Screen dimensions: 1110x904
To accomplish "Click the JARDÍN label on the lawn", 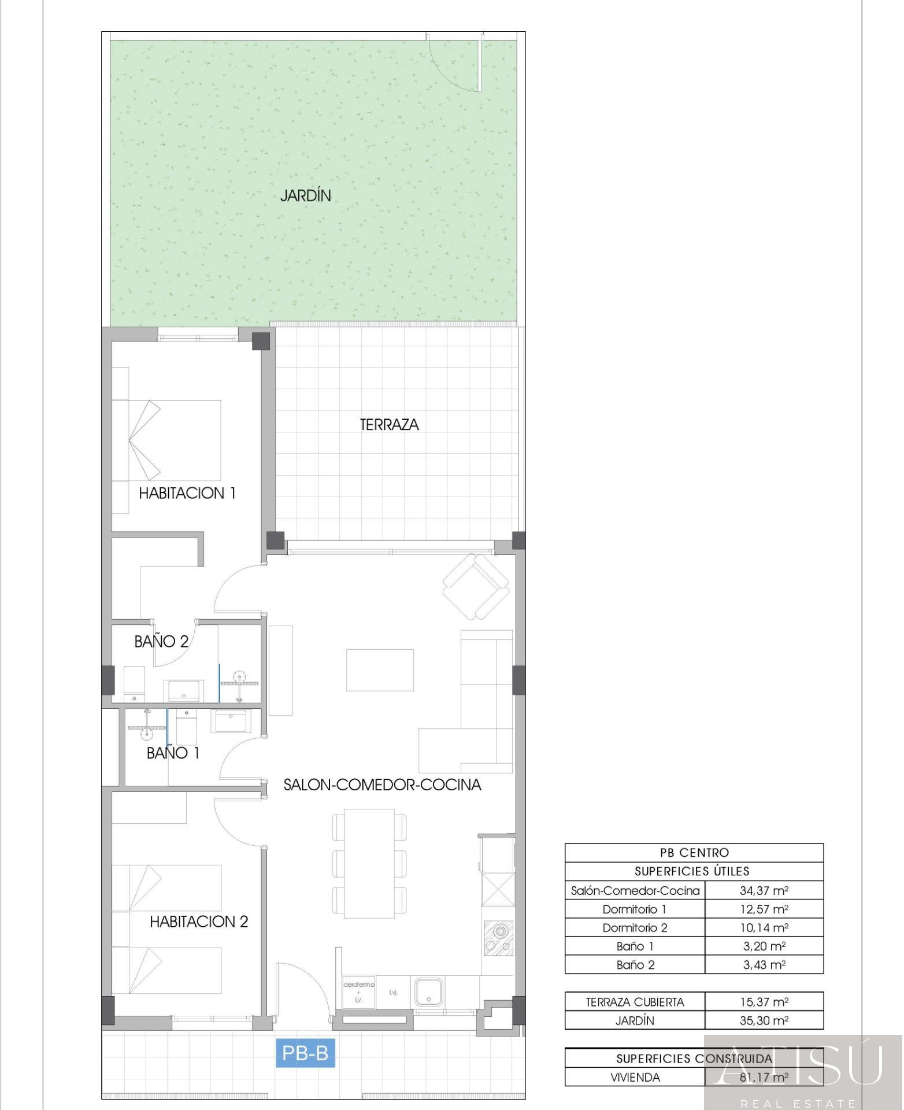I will pos(305,195).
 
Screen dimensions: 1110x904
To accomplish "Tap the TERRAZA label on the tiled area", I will pos(389,425).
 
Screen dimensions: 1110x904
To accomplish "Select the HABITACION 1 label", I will pos(187,493).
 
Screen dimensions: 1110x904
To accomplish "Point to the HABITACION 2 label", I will pos(199,922).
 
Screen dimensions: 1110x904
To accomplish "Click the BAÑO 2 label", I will pos(161,641).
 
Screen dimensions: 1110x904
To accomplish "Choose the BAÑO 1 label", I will pos(173,753).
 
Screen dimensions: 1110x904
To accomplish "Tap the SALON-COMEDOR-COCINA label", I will pos(382,785).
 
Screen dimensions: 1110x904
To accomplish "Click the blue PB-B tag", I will pos(305,1053).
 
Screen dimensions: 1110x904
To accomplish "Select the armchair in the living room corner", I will pos(476,586).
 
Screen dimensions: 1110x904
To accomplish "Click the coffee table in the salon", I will pos(380,670).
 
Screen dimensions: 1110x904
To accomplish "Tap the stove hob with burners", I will pos(498,939).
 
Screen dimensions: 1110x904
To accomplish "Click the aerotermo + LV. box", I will pos(359,992).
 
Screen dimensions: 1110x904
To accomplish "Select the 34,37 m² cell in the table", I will pos(764,891).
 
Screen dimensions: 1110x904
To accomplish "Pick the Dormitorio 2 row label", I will pos(635,928).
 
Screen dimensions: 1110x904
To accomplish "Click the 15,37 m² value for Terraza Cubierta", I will pos(764,1002).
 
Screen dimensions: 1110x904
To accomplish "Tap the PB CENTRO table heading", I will pos(694,853).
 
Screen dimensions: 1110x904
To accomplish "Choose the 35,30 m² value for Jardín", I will pos(764,1020).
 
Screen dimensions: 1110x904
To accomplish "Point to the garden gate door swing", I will pos(454,64).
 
